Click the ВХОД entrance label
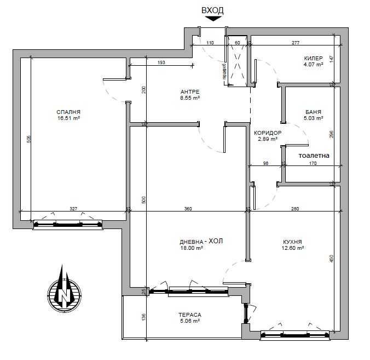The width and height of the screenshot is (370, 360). coord(212,10)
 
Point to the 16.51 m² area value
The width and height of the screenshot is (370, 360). coord(68,118)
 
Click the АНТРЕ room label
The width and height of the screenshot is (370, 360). coord(189,92)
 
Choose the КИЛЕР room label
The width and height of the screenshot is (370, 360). coord(313,58)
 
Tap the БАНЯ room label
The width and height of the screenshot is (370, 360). coord(313,112)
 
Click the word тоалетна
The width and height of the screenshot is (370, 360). coord(314,155)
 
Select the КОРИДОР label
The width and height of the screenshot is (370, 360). coord(268,133)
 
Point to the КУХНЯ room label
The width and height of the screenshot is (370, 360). coord(293,242)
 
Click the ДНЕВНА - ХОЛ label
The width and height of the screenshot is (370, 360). coord(201,241)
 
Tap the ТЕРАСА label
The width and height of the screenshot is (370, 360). coord(189,315)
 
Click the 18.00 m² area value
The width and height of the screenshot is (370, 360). coord(192,248)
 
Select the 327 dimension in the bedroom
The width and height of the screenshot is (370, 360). coord(73,208)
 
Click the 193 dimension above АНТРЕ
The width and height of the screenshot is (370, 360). coord(161,62)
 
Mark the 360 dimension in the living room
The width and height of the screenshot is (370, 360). coord(188,208)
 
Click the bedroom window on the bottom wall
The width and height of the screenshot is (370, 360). coord(68,224)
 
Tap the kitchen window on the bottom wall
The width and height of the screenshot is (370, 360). coord(296,335)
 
